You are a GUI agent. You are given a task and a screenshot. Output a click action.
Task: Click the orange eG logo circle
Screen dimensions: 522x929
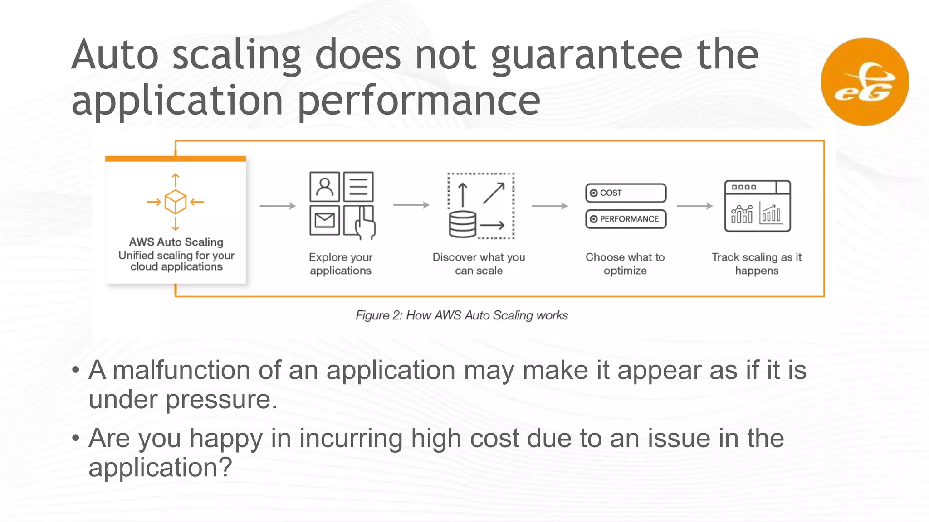coord(865,82)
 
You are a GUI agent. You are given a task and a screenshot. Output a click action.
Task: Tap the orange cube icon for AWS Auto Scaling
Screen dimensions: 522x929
coord(176,202)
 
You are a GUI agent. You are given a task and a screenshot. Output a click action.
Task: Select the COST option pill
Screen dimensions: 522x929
coord(626,193)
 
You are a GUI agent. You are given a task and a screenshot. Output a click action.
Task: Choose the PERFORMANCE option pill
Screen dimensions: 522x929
coord(626,219)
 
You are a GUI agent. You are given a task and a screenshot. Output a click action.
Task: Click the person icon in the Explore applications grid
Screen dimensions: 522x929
coord(324,186)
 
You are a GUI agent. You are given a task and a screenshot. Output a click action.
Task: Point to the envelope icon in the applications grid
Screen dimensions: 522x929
coord(324,221)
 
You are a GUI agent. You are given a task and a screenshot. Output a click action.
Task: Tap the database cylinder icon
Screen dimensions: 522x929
coord(462,224)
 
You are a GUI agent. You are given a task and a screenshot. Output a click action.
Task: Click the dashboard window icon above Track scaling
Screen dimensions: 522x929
coord(757,206)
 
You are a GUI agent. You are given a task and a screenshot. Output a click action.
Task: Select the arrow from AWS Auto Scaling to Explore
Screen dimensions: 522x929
coord(278,206)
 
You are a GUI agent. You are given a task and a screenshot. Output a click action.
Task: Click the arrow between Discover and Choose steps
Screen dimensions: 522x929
coord(549,206)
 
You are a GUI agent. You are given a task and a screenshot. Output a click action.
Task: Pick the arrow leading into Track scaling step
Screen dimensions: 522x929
coord(694,206)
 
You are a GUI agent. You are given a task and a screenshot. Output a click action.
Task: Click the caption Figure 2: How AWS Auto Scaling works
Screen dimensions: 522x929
coord(461,315)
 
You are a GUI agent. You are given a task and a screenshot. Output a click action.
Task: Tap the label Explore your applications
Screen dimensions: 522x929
coord(341,264)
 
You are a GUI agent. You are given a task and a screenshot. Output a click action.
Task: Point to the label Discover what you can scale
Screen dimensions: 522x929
coord(479,264)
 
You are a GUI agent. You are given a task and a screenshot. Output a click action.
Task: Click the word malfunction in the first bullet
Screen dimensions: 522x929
coord(181,370)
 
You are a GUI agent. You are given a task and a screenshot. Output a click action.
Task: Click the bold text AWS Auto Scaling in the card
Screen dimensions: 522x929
coord(176,242)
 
